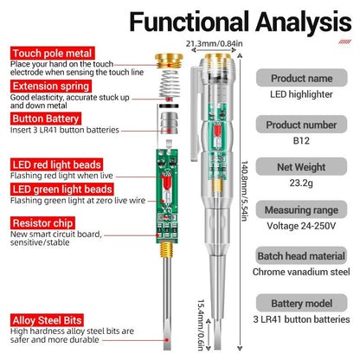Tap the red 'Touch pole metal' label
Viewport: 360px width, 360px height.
click(48, 53)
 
